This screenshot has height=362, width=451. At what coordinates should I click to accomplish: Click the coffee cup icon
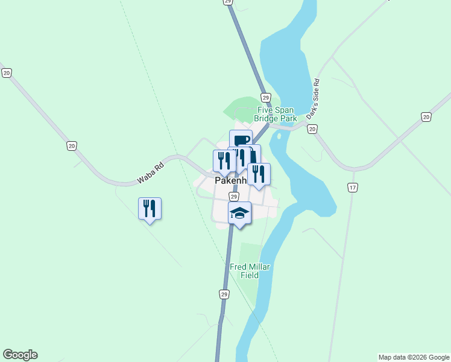pos(241,140)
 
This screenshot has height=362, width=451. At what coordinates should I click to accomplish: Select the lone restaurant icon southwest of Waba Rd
pos(150,209)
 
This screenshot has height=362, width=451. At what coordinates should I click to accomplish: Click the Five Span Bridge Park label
pos(276,114)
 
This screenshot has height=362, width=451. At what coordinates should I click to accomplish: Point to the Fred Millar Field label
pos(249,271)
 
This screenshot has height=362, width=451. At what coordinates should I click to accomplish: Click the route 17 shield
pos(353,188)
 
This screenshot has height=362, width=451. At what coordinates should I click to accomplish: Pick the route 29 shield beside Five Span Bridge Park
pos(265,97)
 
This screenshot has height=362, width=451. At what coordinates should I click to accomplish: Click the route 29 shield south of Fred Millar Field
pos(223,294)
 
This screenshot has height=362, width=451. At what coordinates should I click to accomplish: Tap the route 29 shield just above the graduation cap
pos(234,196)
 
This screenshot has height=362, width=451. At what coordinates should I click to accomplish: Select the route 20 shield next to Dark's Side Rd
pos(312,129)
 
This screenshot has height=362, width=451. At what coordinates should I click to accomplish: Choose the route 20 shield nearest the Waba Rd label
pos(72,146)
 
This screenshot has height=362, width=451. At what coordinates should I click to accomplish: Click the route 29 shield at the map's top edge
pos(227,2)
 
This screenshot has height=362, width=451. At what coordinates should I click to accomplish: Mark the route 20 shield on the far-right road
pos(426,116)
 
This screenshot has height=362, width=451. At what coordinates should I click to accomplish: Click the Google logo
pos(20,355)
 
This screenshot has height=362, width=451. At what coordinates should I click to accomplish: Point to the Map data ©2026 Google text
pos(414,357)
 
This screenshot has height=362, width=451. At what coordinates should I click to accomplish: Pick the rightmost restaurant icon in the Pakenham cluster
pos(259,174)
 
